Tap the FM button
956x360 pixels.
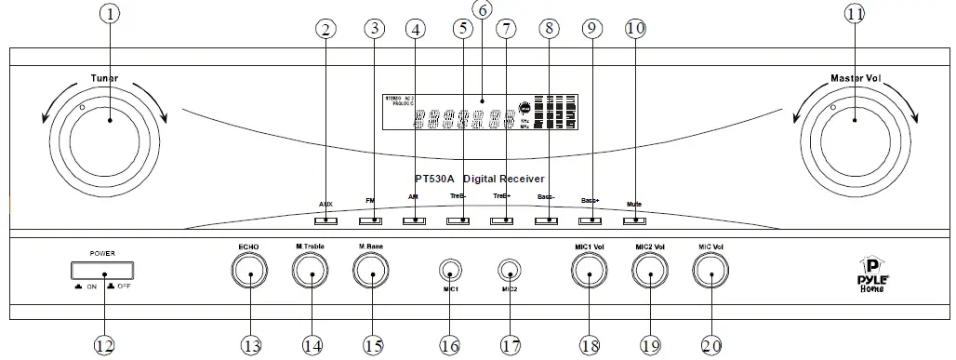tap(370, 220)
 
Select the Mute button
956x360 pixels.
tap(634, 220)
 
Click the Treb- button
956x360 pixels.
tap(458, 220)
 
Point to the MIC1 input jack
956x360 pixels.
tap(449, 272)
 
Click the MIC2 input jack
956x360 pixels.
tap(509, 272)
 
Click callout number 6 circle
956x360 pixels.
tap(481, 11)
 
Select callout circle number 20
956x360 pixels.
tap(710, 345)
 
